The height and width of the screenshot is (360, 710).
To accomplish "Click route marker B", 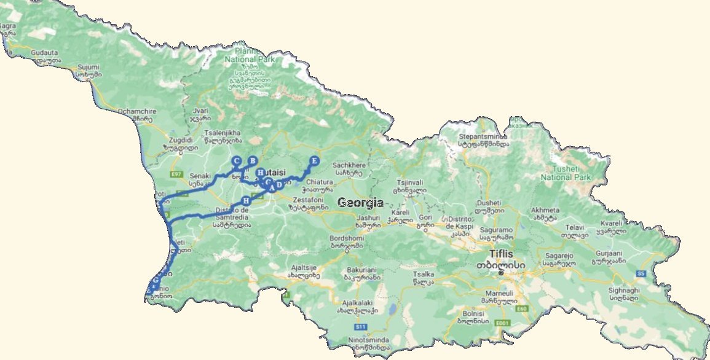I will [251, 161].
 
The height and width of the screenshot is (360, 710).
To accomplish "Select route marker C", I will [235, 161].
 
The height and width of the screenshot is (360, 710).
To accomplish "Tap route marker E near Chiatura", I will [314, 161].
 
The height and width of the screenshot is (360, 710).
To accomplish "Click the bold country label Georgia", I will [360, 203].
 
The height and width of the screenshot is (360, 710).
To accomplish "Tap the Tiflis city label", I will [500, 254].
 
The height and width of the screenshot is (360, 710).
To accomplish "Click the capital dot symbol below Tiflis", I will [501, 273].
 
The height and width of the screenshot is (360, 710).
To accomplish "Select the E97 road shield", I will [178, 174].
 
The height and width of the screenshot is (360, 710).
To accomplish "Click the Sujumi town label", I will [88, 66].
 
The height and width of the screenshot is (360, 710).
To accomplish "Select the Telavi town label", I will [574, 227].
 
